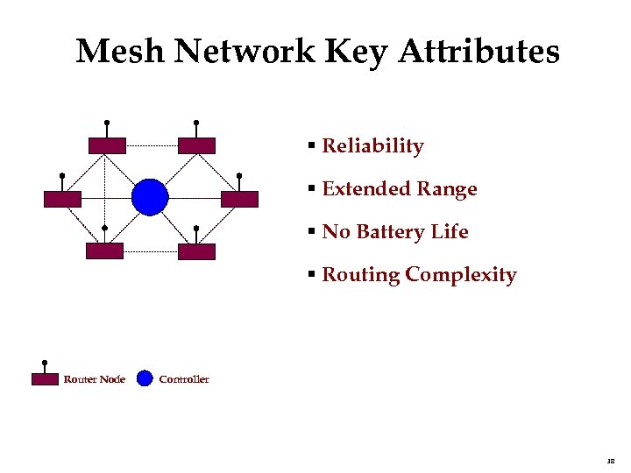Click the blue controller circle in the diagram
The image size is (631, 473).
150,197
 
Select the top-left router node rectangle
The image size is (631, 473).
107,145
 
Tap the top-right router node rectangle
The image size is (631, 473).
196,145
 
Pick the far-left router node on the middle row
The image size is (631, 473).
62,199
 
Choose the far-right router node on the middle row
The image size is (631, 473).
239,199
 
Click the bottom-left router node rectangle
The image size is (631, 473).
105,251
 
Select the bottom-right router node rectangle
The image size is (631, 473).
196,251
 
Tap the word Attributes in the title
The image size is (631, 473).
479,53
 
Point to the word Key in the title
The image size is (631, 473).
357,53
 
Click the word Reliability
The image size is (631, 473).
372,146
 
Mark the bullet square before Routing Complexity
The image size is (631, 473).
311,275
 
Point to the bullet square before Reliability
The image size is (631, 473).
311,146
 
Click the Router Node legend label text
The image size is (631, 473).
94,379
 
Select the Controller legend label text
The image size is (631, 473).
184,379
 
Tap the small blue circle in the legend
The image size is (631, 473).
145,379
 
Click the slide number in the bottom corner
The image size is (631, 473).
610,459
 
